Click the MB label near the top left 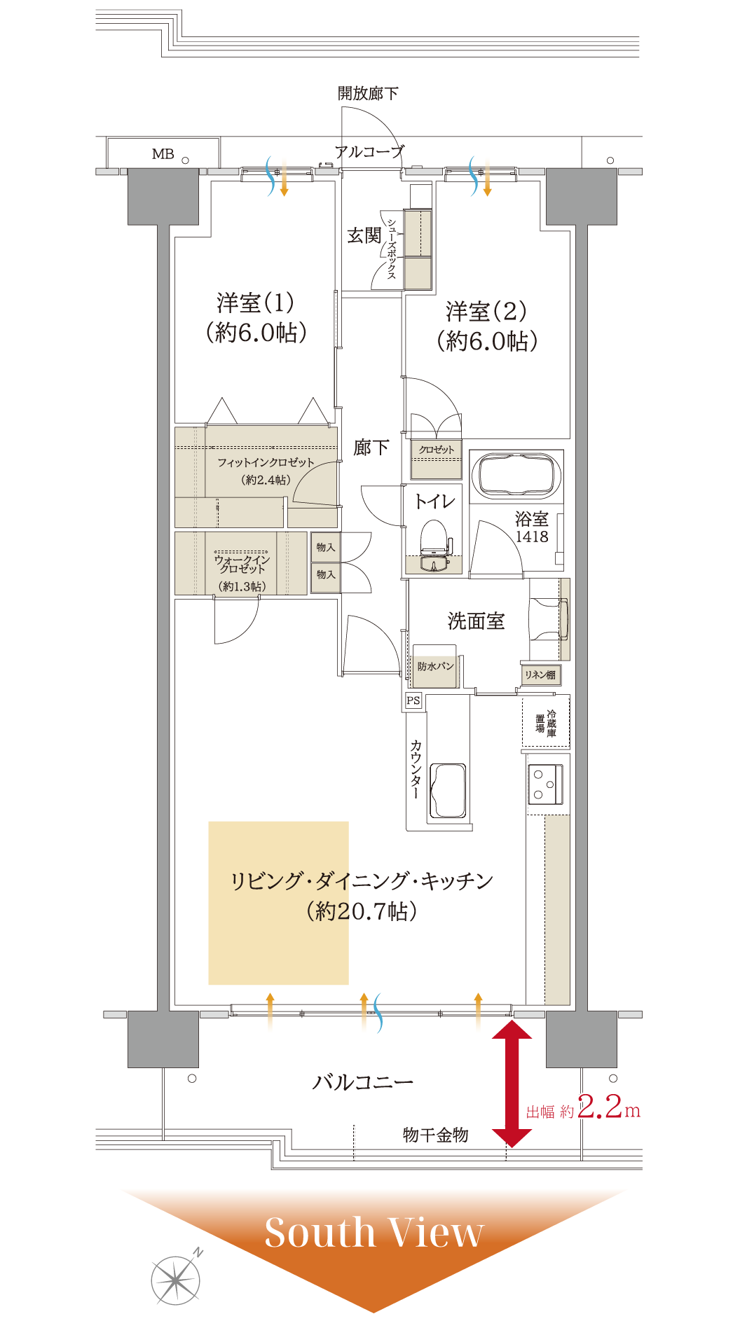[163, 154]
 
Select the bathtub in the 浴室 [517, 475]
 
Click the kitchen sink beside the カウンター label [447, 790]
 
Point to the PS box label [413, 700]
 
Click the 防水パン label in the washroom [435, 666]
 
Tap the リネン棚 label [540, 675]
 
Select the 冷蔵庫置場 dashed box [546, 721]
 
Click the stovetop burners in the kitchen [545, 784]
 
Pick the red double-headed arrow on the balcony [512, 1084]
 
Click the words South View [374, 1233]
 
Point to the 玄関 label [364, 236]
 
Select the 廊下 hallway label [371, 448]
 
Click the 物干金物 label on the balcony [435, 1135]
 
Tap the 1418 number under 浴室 [532, 537]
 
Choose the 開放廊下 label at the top [368, 93]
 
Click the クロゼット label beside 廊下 [437, 450]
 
